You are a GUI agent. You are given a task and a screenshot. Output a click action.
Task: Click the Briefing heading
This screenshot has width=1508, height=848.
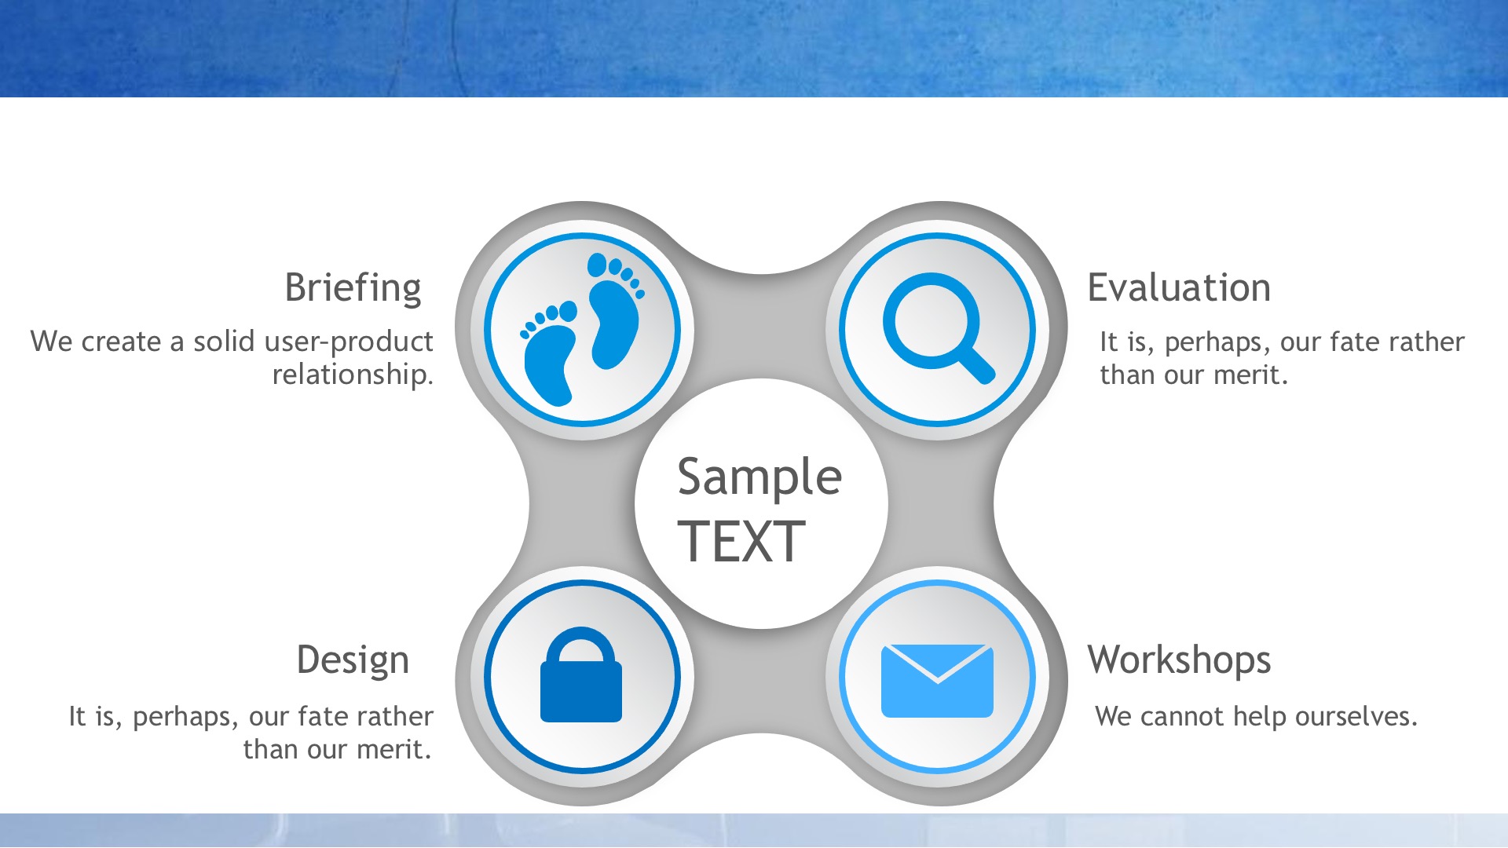(353, 288)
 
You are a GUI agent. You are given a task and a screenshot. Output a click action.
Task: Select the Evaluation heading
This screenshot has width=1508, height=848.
(1179, 287)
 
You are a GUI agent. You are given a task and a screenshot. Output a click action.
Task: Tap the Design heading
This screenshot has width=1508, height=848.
(353, 660)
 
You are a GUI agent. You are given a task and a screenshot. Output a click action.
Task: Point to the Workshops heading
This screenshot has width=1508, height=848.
(1179, 660)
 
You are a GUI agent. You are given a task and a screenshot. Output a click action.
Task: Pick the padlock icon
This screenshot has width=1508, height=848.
(581, 674)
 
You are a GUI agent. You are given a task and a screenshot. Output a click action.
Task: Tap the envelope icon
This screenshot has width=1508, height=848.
(937, 681)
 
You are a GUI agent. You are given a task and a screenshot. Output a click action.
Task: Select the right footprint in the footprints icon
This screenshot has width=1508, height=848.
(616, 310)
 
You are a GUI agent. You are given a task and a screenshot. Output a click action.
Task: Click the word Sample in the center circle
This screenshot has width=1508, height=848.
(759, 477)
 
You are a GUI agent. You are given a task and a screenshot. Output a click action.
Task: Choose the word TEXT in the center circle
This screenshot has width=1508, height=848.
(741, 541)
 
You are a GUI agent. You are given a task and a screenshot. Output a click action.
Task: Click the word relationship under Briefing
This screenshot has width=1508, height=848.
(353, 375)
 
